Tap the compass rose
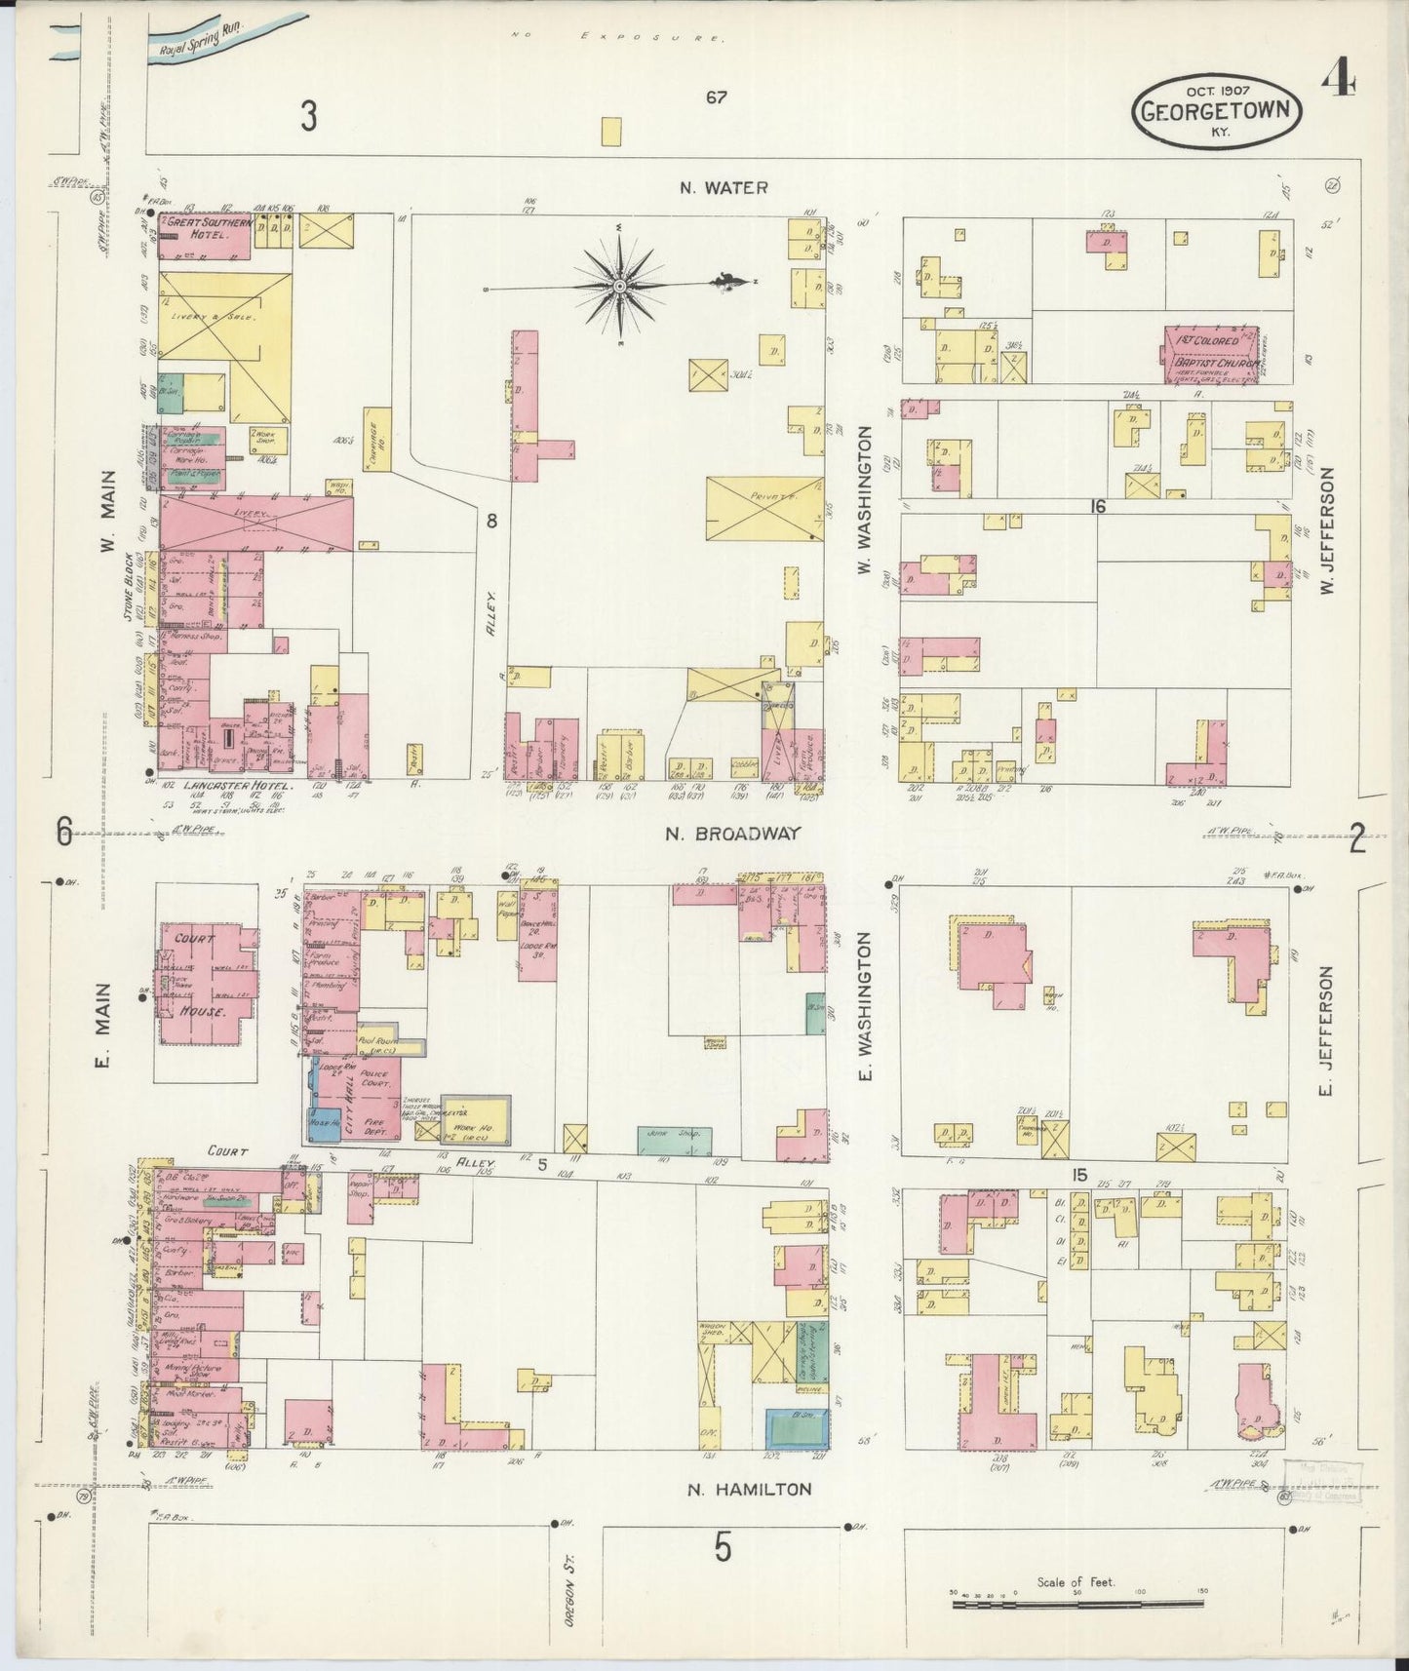coord(619,286)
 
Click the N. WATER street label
coord(724,187)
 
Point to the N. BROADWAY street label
coord(732,834)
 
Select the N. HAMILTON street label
coord(749,1489)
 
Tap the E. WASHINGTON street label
coord(864,1009)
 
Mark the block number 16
coord(1099,506)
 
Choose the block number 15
coord(1077,1176)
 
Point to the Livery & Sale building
coord(224,316)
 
